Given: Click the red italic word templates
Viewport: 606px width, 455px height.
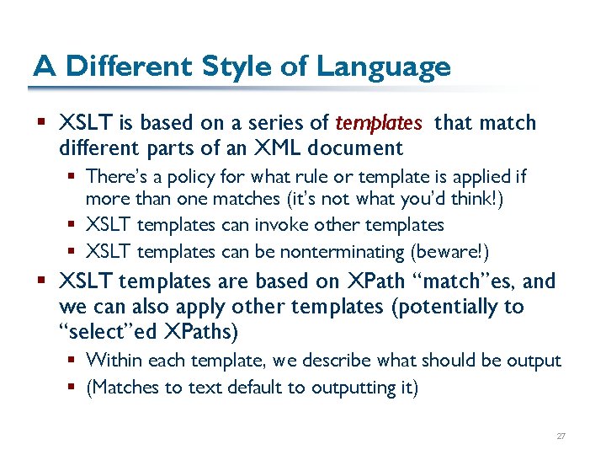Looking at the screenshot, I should [378, 123].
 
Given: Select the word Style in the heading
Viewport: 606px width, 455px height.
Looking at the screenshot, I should [231, 66].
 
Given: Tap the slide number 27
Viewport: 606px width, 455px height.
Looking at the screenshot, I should [561, 436].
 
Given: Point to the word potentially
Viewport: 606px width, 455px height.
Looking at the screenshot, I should [441, 307].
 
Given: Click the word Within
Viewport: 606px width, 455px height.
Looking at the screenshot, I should [114, 361].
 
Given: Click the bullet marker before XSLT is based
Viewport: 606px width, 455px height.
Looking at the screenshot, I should [42, 123].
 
